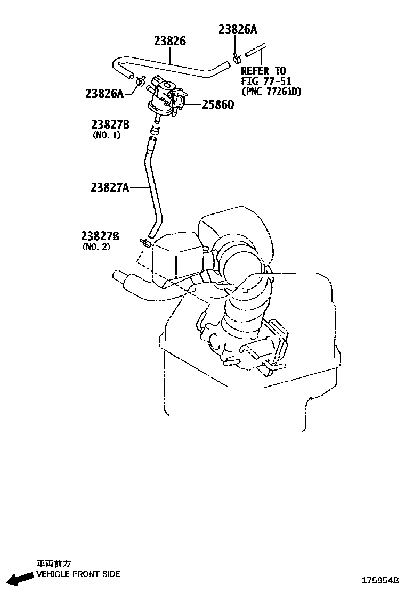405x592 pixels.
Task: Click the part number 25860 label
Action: pos(217,105)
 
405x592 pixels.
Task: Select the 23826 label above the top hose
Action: pos(170,41)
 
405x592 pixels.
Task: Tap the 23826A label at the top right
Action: pos(241,29)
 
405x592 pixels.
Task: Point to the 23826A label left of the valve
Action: pos(104,94)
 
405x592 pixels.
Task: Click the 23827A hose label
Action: pos(110,187)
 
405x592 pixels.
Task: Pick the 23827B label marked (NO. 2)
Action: pos(100,236)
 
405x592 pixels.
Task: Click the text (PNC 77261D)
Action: pos(271,92)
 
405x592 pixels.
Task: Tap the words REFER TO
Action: pos(263,71)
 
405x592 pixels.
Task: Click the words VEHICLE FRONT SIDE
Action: pos(78,574)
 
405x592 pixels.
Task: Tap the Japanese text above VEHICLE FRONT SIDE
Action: pos(53,563)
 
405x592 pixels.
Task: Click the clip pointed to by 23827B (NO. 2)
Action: pos(145,243)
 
